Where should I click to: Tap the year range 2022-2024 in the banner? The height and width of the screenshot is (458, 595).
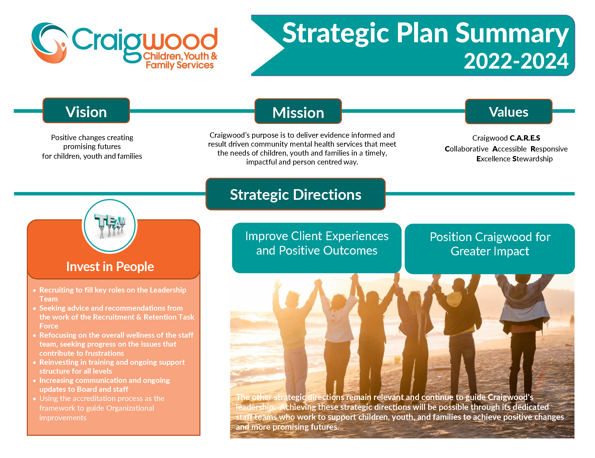[516, 61]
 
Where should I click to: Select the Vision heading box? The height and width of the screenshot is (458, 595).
[86, 110]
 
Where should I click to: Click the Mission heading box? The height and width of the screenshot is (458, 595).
[298, 111]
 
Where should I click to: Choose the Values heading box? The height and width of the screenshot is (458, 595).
[509, 111]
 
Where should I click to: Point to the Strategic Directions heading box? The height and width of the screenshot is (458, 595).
[296, 194]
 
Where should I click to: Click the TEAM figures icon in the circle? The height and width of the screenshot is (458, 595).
[110, 226]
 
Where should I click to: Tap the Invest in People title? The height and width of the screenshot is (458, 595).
[110, 266]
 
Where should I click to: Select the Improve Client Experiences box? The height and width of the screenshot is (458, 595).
[317, 248]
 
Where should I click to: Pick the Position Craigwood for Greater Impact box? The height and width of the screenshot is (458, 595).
[490, 249]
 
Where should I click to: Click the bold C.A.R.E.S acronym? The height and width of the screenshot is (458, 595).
[525, 138]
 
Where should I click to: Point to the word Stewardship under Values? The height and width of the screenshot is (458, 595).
[532, 159]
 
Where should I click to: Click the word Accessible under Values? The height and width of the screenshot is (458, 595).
[510, 149]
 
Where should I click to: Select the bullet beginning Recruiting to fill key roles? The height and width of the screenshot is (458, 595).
[113, 294]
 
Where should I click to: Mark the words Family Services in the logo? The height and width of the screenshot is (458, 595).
[180, 65]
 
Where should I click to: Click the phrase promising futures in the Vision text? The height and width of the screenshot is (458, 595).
[92, 147]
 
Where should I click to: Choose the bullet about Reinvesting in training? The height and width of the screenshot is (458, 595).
[112, 366]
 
